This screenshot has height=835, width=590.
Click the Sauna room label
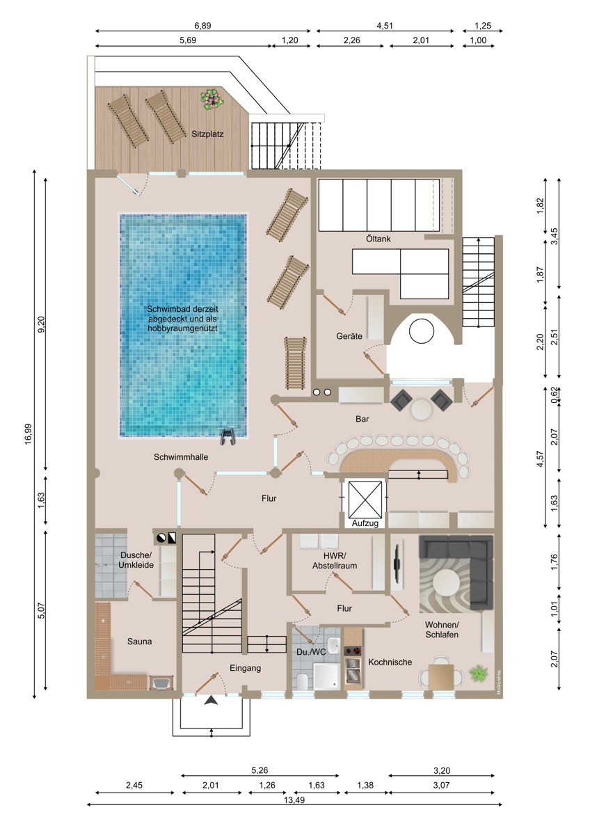coord(139,641)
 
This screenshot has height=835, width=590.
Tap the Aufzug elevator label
coord(365,523)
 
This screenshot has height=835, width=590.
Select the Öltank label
coord(378,239)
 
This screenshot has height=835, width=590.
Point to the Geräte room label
coord(349,336)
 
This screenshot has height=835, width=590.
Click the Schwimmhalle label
coord(181,456)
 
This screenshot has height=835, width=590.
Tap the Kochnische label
coord(390,662)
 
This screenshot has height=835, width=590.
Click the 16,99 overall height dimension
coord(29,434)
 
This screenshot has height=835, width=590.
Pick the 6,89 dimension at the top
coord(202,26)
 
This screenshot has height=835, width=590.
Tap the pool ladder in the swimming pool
coord(228,435)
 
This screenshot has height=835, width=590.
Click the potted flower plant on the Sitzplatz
coord(212,99)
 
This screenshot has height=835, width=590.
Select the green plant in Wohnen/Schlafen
coord(479,674)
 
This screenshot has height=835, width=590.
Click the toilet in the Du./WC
coord(302,681)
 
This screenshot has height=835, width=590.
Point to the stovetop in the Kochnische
coord(353,651)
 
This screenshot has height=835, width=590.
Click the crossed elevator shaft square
coord(365,498)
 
